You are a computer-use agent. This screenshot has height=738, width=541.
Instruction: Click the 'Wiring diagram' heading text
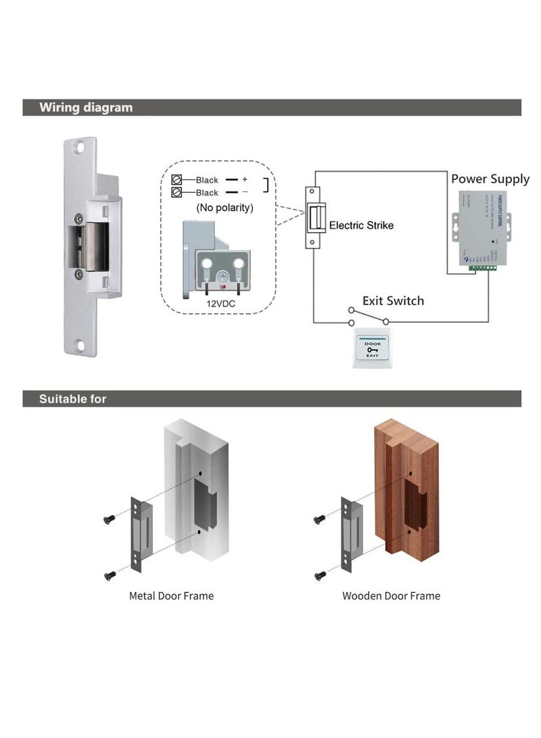click(x=86, y=108)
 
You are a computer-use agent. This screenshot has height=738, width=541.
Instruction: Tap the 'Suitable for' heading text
click(x=72, y=399)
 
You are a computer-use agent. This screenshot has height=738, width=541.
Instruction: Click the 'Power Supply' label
click(x=490, y=179)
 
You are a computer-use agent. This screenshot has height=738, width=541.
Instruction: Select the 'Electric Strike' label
click(x=360, y=225)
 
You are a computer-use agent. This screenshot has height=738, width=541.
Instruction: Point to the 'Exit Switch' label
click(x=393, y=300)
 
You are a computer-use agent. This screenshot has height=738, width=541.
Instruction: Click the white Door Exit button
click(x=373, y=349)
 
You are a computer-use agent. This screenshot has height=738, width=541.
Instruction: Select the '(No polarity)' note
click(x=225, y=208)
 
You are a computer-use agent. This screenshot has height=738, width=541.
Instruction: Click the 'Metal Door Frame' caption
click(x=171, y=596)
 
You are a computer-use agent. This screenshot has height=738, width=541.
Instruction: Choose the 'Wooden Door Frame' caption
click(x=391, y=596)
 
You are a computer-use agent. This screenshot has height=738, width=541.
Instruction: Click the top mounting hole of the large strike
click(x=80, y=145)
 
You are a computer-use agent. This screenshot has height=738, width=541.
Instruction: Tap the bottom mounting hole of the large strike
click(x=80, y=346)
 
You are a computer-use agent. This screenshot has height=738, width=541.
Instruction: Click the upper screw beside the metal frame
click(x=108, y=518)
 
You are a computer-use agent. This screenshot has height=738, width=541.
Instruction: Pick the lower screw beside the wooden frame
click(x=320, y=575)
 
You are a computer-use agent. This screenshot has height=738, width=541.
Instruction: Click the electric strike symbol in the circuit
click(x=314, y=218)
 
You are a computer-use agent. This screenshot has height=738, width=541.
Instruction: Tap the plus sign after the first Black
click(x=245, y=180)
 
